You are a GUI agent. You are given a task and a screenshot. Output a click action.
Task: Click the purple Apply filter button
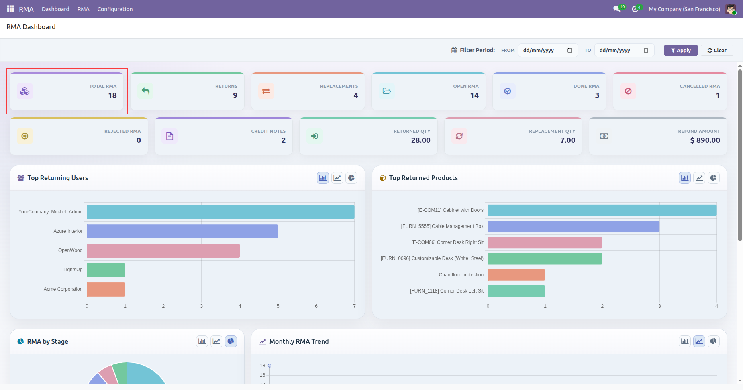pyautogui.click(x=681, y=50)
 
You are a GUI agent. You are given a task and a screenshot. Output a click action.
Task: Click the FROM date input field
pyautogui.click(x=548, y=50)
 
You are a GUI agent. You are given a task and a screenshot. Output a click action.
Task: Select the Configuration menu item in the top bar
pyautogui.click(x=115, y=9)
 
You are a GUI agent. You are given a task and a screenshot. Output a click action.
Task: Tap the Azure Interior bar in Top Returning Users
pyautogui.click(x=182, y=231)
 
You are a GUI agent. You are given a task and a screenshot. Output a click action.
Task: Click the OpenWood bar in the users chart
pyautogui.click(x=163, y=250)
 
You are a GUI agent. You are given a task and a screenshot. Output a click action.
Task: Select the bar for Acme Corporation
pyautogui.click(x=106, y=289)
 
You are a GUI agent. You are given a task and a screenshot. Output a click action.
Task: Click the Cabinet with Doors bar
pyautogui.click(x=602, y=210)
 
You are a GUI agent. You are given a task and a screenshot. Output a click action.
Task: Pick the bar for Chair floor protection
pyautogui.click(x=516, y=275)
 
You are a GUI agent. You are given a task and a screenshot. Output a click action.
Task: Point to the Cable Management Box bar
pyautogui.click(x=574, y=226)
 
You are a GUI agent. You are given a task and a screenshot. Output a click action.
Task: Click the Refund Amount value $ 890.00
pyautogui.click(x=705, y=140)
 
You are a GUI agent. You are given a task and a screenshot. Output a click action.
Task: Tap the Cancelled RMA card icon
pyautogui.click(x=628, y=91)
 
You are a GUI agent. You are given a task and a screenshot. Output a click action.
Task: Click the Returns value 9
pyautogui.click(x=235, y=95)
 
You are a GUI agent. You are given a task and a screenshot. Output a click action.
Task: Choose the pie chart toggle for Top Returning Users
pyautogui.click(x=351, y=178)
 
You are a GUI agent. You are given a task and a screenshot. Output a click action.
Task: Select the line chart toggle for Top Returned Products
pyautogui.click(x=699, y=178)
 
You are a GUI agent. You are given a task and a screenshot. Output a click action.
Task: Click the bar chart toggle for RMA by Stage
pyautogui.click(x=202, y=341)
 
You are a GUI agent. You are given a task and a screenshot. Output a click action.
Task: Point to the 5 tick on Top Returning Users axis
pyautogui.click(x=278, y=306)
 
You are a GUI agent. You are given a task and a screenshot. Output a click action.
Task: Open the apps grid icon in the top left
pyautogui.click(x=10, y=9)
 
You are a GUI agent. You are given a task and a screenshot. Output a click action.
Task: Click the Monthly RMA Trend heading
pyautogui.click(x=299, y=341)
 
